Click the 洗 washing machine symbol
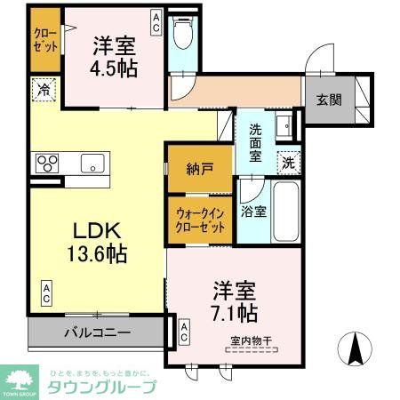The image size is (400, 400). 287,162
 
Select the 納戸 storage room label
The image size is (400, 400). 199,168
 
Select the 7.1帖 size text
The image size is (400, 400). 236,312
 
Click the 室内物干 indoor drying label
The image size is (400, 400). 248,340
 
